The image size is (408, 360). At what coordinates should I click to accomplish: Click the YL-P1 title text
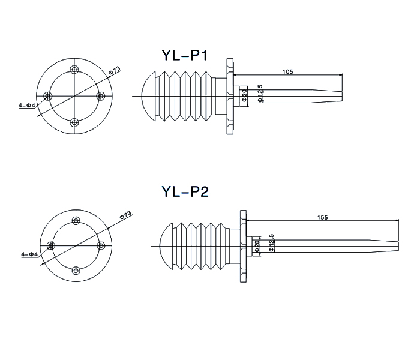coord(185,55)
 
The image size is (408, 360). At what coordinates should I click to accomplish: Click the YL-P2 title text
coord(185,192)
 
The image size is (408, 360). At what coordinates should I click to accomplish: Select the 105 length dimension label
coord(288,71)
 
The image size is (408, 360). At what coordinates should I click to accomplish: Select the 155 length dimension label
coord(323,217)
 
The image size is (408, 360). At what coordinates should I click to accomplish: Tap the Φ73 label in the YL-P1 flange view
coord(114,70)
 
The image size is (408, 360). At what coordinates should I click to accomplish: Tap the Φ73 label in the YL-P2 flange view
coord(126,215)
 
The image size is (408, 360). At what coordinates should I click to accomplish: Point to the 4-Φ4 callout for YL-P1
coord(27,106)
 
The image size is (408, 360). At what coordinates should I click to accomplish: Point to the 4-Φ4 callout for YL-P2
coord(29,254)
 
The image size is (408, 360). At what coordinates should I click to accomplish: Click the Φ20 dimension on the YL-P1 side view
coord(245,96)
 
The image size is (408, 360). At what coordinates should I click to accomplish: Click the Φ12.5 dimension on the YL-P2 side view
coord(272,242)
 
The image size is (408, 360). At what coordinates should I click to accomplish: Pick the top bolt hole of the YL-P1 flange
coord(74,70)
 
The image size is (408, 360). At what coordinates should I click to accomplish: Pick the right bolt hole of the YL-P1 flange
coord(101,96)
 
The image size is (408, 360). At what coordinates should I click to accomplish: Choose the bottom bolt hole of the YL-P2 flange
coord(76,271)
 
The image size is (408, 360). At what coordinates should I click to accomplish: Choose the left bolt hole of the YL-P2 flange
coord(51,246)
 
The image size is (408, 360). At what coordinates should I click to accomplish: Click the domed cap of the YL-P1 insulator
coord(148,96)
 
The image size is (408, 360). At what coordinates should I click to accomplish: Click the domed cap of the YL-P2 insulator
coord(166,246)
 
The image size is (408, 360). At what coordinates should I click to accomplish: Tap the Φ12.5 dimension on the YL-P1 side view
coord(260,94)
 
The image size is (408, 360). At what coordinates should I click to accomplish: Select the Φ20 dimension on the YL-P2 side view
coord(257,246)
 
